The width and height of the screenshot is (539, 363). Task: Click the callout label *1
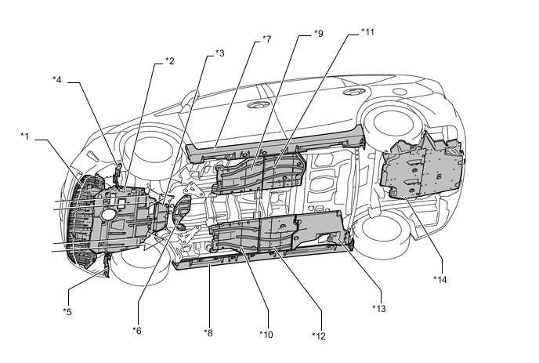click(x=24, y=136)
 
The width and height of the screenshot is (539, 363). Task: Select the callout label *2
click(x=169, y=61)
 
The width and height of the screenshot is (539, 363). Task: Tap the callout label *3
click(x=219, y=53)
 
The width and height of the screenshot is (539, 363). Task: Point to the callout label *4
click(x=57, y=78)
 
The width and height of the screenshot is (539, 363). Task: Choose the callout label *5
click(x=67, y=310)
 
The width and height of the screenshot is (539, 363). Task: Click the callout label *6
click(x=136, y=329)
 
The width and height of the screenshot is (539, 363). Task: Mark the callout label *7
click(x=266, y=38)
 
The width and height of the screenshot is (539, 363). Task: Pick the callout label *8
click(x=208, y=333)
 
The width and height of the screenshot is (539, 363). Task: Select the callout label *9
click(x=317, y=33)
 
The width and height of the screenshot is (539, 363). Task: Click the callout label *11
click(x=367, y=33)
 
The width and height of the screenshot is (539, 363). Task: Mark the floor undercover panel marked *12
click(x=290, y=235)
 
